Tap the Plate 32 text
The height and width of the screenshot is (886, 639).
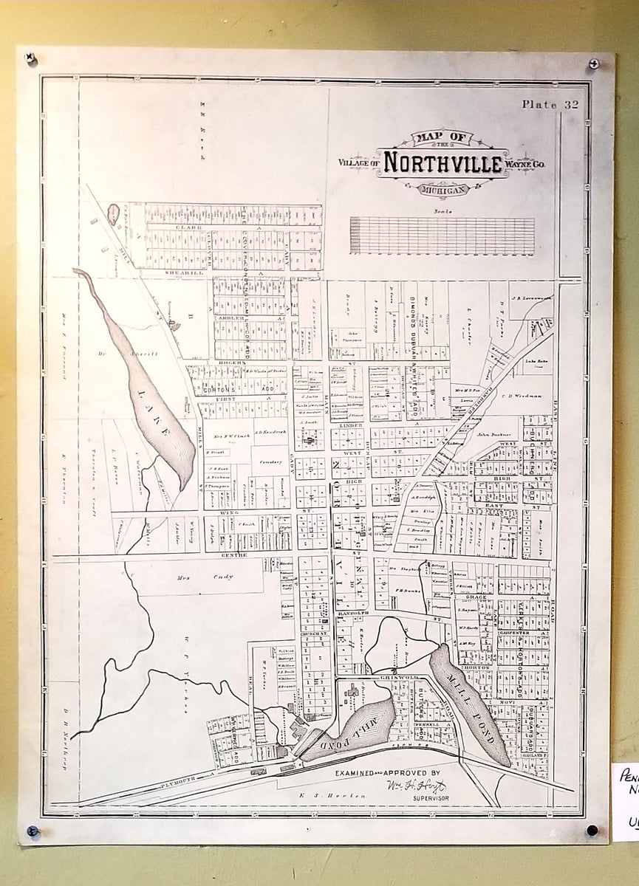pyautogui.click(x=550, y=104)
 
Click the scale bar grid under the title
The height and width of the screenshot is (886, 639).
pyautogui.click(x=442, y=236)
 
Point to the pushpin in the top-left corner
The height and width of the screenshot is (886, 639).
pyautogui.click(x=31, y=58)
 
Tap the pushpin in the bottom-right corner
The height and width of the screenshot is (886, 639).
pyautogui.click(x=592, y=830)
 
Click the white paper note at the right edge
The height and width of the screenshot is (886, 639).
pyautogui.click(x=625, y=797)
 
